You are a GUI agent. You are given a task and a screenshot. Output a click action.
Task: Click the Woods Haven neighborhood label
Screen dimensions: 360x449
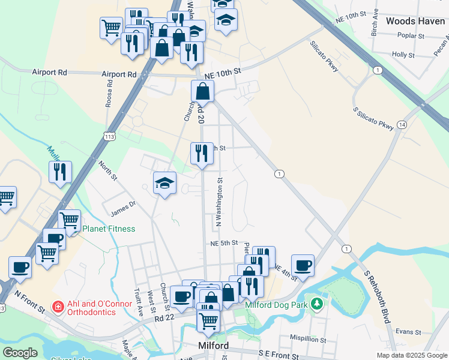click(x=415, y=21)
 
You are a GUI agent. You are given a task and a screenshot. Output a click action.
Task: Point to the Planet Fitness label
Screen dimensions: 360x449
click(x=109, y=229)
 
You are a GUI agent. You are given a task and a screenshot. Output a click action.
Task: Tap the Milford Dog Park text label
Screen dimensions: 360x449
click(x=276, y=305)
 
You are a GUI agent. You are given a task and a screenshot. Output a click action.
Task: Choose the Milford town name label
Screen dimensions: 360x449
click(x=213, y=346)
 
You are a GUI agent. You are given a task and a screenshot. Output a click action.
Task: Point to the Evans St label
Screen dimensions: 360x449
click(x=408, y=331)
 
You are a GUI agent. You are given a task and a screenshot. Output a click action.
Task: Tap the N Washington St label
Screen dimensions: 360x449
click(x=219, y=202)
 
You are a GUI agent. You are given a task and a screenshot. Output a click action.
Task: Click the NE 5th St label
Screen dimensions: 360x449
click(x=224, y=243)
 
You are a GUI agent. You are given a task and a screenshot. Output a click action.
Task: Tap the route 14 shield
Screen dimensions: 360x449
click(x=402, y=124)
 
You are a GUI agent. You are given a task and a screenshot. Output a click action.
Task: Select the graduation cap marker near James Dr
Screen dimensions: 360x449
click(x=164, y=184)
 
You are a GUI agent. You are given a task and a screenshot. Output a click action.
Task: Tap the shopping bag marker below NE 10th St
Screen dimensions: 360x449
click(x=203, y=92)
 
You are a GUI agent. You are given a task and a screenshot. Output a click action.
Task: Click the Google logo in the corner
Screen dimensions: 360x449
click(x=20, y=353)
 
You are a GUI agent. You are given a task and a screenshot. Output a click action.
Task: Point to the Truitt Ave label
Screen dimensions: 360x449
click(x=140, y=301)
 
